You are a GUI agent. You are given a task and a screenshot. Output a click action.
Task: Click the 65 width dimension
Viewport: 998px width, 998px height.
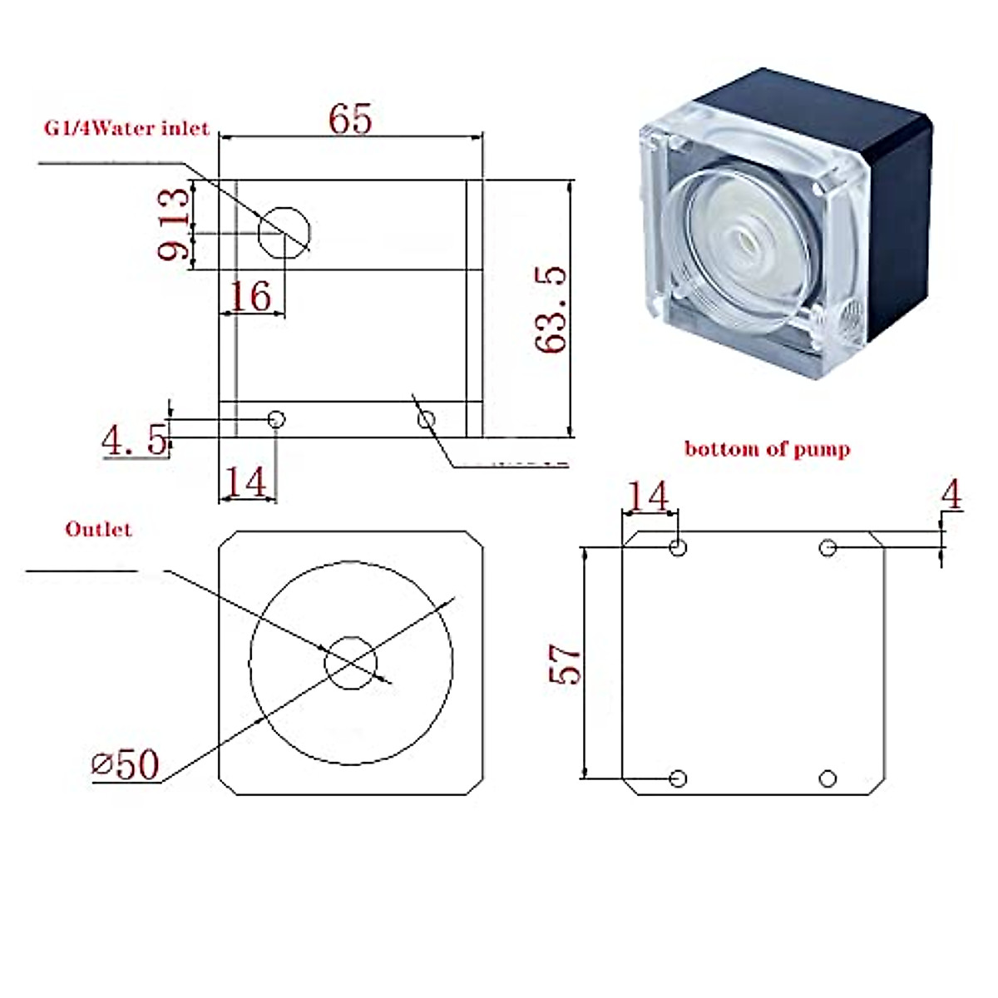click(350, 119)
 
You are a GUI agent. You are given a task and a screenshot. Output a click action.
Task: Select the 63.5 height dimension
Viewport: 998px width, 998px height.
click(551, 309)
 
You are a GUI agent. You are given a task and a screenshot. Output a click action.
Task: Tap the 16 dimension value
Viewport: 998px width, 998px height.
click(249, 295)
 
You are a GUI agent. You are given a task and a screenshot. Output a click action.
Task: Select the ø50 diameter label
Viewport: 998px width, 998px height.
click(126, 763)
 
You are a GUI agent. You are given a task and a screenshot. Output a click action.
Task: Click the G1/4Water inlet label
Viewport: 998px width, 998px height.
click(126, 130)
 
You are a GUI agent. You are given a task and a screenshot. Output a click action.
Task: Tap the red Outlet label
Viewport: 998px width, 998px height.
click(98, 529)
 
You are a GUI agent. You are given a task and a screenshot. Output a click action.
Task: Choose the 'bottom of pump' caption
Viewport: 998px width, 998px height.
click(767, 449)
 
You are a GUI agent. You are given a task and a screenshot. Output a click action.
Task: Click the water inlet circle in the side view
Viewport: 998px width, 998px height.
click(284, 233)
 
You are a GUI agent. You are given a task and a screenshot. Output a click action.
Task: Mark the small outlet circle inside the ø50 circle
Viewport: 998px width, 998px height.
click(350, 663)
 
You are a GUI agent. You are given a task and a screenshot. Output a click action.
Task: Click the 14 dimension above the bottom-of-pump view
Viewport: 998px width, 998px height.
click(647, 497)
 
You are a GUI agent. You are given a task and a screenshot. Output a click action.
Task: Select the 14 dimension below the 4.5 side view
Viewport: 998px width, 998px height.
click(246, 482)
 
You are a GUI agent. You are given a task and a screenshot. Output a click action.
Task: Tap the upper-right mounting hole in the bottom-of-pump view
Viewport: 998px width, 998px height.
click(828, 547)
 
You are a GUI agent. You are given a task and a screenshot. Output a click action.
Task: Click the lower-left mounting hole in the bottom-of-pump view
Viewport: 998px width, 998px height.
click(678, 778)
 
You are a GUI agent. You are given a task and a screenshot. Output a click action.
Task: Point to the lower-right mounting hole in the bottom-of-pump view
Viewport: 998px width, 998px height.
click(828, 778)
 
